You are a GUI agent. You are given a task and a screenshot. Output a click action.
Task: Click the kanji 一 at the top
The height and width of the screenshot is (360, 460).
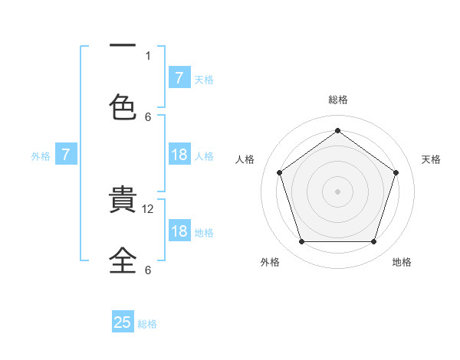coord(123,47)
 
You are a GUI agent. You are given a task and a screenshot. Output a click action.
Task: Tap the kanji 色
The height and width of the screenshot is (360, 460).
coord(123,105)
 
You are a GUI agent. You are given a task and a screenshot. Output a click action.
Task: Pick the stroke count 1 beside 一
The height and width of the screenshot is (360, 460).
coord(148,55)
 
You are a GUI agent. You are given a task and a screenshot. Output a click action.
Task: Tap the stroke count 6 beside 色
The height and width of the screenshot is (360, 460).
coord(148,116)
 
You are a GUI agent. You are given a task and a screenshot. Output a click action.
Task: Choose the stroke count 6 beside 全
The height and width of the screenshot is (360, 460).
coord(148,270)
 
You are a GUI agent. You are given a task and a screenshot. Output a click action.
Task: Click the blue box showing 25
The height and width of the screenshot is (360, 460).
coord(123,322)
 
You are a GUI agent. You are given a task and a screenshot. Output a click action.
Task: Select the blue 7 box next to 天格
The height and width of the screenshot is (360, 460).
coord(179,77)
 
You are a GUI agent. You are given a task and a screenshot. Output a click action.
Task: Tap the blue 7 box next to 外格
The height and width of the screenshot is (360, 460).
coord(66,155)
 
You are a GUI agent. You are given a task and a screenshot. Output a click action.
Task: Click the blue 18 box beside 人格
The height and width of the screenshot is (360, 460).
coord(179,155)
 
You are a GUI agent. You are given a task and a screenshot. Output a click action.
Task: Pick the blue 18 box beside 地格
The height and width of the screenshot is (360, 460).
coord(179,231)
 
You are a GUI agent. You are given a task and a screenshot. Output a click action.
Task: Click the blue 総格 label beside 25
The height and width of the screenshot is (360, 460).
coord(147,324)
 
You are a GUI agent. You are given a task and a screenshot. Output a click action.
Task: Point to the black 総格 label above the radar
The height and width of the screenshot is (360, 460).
coord(337,100)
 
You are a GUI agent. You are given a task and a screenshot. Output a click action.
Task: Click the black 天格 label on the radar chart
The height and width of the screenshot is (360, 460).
coord(431,159)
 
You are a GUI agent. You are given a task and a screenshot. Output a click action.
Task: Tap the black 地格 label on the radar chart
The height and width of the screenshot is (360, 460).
coord(402,262)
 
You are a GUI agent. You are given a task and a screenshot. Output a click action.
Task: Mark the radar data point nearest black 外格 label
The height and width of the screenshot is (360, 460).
coord(301,242)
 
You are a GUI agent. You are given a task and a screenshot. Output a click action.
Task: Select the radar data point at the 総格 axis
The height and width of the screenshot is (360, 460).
coord(337,130)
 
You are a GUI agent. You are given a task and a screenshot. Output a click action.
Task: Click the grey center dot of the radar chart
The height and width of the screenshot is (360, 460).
coord(337,191)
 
